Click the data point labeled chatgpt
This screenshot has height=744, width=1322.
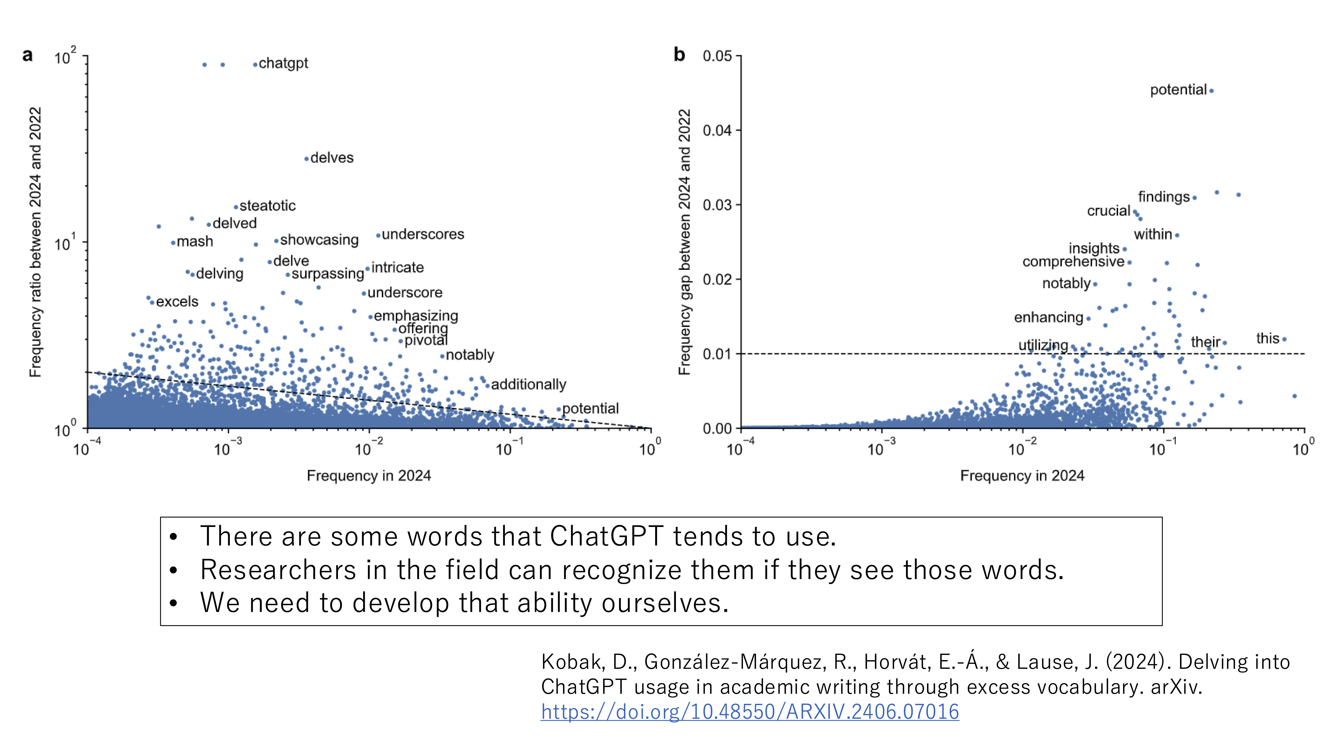(255, 65)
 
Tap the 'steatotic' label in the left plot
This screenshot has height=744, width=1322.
(267, 206)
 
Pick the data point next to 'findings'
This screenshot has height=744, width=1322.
(1195, 198)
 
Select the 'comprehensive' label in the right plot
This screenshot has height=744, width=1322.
(1073, 262)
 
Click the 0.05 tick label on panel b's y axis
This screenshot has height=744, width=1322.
(717, 56)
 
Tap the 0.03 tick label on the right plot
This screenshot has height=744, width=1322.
(717, 205)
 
